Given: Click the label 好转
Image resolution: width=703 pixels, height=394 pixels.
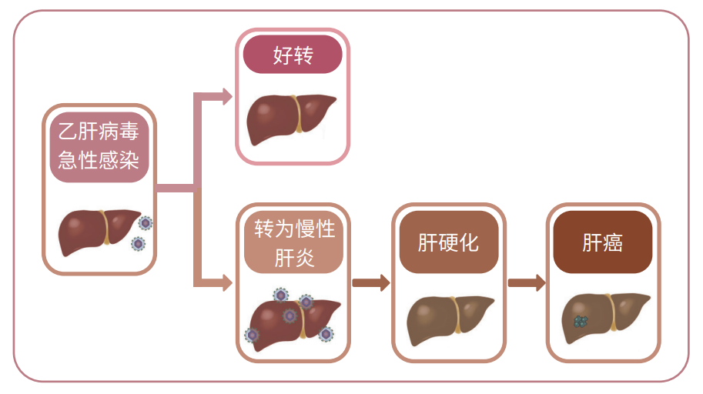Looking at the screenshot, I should tap(293, 55).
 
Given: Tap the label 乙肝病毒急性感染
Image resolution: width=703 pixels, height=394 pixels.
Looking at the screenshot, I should tap(99, 147).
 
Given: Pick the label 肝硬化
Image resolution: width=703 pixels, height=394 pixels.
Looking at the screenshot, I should tap(449, 243).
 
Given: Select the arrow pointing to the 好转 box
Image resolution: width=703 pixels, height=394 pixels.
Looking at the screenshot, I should tap(223, 97).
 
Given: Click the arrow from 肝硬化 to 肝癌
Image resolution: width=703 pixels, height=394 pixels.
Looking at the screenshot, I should tap(527, 282).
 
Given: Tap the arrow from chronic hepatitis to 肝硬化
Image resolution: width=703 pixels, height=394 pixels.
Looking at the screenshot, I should tap(371, 282).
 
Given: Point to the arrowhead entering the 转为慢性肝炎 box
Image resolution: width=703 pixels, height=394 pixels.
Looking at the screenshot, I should tap(226, 283).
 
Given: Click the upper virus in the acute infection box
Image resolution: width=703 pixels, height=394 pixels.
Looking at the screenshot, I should tap(146, 223).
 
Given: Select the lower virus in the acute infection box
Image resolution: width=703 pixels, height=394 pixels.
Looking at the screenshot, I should tap(138, 244).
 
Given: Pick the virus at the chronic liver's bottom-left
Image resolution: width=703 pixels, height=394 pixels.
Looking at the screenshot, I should tap(251, 335).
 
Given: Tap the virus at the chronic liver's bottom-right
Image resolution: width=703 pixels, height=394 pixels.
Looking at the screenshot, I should tap(326, 334).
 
